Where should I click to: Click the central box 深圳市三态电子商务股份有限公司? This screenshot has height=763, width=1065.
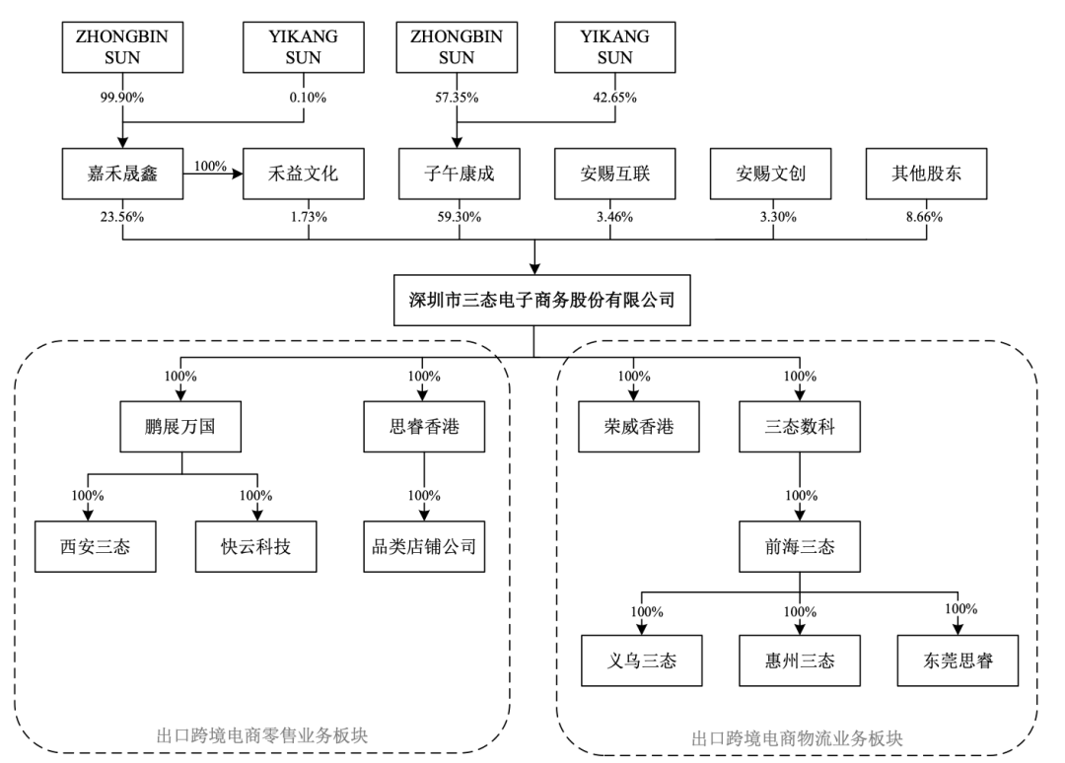[542, 300]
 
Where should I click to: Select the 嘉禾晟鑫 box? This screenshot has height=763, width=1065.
[122, 173]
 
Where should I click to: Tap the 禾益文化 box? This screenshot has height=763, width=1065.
[304, 173]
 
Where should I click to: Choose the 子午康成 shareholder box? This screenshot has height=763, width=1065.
[460, 173]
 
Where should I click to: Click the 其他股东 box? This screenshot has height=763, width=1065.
[926, 173]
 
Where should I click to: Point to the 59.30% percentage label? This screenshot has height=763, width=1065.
[460, 217]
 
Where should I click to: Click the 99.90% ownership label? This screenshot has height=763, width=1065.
[122, 98]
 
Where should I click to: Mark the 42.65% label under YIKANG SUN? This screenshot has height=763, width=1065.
[614, 98]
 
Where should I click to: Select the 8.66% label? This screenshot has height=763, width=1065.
[924, 217]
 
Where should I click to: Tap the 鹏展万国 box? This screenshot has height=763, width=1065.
[180, 427]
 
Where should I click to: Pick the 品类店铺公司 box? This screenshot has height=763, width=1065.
[424, 546]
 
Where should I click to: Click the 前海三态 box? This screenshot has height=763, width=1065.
[800, 546]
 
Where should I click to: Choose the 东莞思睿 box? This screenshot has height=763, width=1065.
[958, 660]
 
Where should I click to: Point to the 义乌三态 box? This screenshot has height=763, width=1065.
[642, 660]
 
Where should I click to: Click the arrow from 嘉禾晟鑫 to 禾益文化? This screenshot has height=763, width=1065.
[213, 174]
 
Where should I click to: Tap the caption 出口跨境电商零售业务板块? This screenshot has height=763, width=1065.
[262, 735]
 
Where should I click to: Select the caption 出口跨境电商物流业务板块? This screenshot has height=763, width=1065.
[797, 738]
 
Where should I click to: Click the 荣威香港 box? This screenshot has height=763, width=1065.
[638, 427]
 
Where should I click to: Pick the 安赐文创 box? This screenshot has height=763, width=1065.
[771, 173]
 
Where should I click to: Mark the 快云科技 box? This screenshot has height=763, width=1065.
[256, 546]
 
